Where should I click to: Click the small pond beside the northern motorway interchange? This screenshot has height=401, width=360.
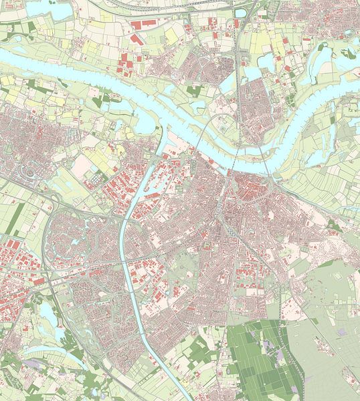[x=241, y=11]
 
